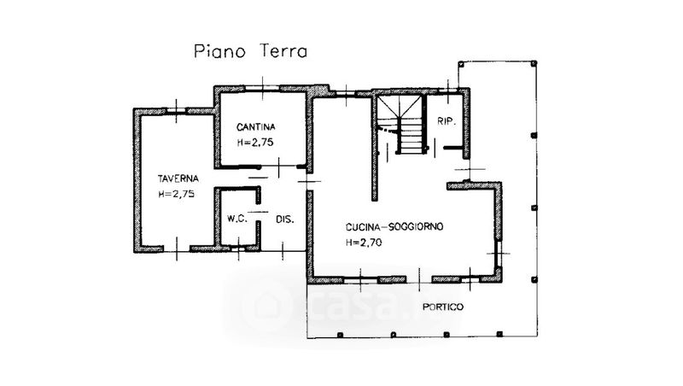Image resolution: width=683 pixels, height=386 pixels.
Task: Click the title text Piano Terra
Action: (x=250, y=51)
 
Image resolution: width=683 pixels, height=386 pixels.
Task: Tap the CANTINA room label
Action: (x=255, y=126)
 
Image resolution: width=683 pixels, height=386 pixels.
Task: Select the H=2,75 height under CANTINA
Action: (x=255, y=142)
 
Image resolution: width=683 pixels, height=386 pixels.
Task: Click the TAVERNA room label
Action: (x=178, y=178)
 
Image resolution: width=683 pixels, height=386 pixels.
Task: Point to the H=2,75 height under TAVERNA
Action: (x=177, y=194)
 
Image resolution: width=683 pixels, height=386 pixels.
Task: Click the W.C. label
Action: (x=237, y=219)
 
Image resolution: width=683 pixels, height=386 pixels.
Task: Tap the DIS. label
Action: (x=285, y=219)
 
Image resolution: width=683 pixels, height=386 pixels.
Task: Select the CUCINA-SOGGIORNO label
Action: (x=394, y=226)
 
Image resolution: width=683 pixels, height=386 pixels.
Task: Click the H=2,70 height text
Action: (x=364, y=243)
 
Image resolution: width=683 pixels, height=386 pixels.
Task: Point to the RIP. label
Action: (x=447, y=121)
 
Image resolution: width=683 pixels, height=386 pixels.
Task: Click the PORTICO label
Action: (x=443, y=307)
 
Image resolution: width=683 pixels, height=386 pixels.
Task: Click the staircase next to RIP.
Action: (x=400, y=125)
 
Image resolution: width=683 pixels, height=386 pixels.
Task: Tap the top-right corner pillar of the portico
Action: (x=534, y=63)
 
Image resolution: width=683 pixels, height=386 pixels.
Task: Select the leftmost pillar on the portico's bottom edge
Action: (x=340, y=335)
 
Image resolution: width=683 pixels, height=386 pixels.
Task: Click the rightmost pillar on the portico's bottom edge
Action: (x=499, y=334)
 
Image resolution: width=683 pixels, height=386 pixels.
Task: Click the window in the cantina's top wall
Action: (x=262, y=89)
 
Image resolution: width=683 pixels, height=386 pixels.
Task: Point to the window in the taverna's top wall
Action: (x=177, y=111)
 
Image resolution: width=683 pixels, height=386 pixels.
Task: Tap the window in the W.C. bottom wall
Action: (x=238, y=249)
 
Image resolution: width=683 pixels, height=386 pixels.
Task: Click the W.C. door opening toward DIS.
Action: (x=259, y=212)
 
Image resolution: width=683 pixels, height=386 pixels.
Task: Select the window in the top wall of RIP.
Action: (x=447, y=91)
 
